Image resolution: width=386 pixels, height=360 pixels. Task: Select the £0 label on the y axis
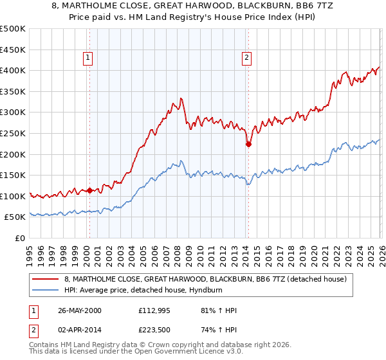[x=19, y=238]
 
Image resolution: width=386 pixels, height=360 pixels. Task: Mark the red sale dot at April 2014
[x=248, y=145]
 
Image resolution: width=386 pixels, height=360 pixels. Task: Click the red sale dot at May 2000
[x=91, y=190]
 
